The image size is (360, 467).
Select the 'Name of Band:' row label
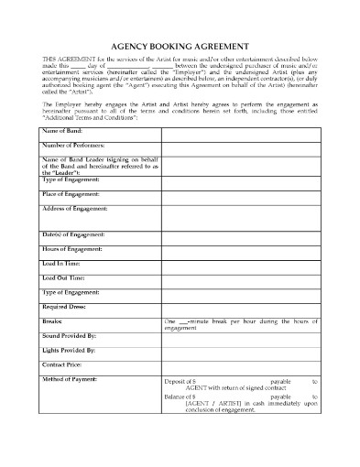(x=62, y=132)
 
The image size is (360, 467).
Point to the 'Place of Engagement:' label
(x=71, y=194)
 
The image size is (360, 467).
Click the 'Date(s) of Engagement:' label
(x=73, y=235)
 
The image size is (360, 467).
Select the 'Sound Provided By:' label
(x=70, y=336)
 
